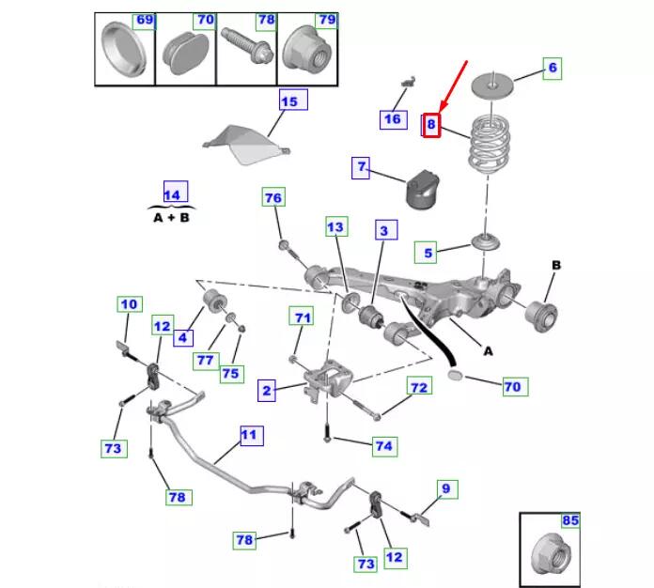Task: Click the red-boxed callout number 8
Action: (431, 125)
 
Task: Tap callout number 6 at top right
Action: (553, 68)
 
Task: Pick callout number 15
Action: (288, 101)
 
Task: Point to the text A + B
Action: (171, 217)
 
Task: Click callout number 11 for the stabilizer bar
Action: (249, 437)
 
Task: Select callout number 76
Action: (272, 198)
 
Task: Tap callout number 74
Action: (383, 446)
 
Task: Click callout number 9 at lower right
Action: (446, 488)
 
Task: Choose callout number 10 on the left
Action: (129, 304)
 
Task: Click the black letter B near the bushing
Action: (555, 266)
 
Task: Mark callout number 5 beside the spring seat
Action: (428, 253)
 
